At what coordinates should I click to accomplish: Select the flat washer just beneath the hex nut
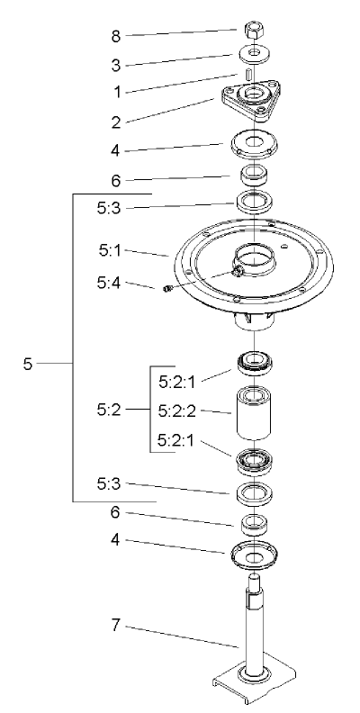(x=256, y=54)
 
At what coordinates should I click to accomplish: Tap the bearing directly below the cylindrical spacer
(x=256, y=461)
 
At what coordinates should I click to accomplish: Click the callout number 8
(x=114, y=36)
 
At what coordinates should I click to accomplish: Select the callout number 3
(x=114, y=65)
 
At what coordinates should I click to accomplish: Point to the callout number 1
(x=114, y=92)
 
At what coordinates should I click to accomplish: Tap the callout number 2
(x=114, y=120)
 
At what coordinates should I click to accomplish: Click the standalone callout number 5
(x=28, y=364)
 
